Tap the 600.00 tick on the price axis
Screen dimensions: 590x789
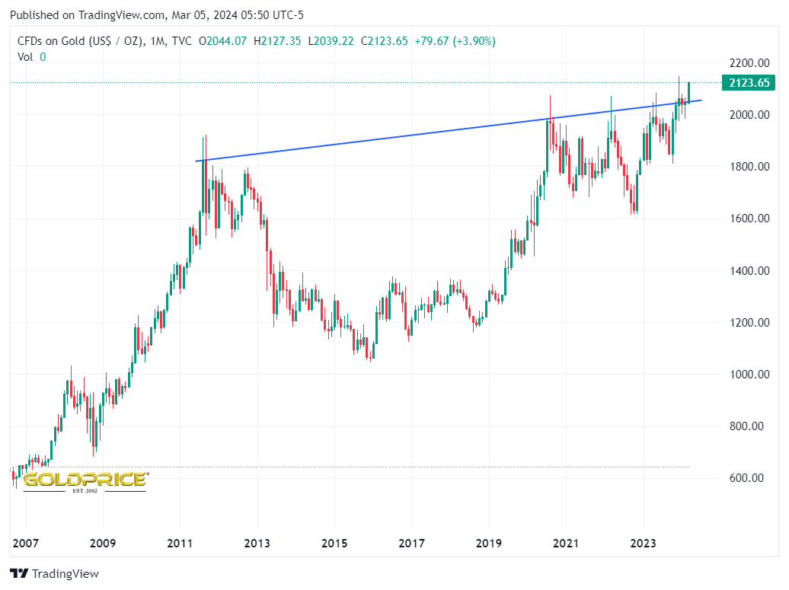(x=747, y=478)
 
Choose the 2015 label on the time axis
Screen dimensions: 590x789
(x=334, y=544)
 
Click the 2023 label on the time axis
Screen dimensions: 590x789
(x=643, y=544)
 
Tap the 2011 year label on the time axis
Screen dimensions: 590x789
(x=180, y=544)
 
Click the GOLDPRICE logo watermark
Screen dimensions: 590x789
(x=85, y=480)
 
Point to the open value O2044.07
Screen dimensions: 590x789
(x=222, y=41)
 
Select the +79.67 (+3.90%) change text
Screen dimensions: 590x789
(x=455, y=41)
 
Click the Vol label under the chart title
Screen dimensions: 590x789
(x=25, y=56)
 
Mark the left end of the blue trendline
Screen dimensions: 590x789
(x=196, y=161)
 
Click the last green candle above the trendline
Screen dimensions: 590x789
(x=688, y=91)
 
